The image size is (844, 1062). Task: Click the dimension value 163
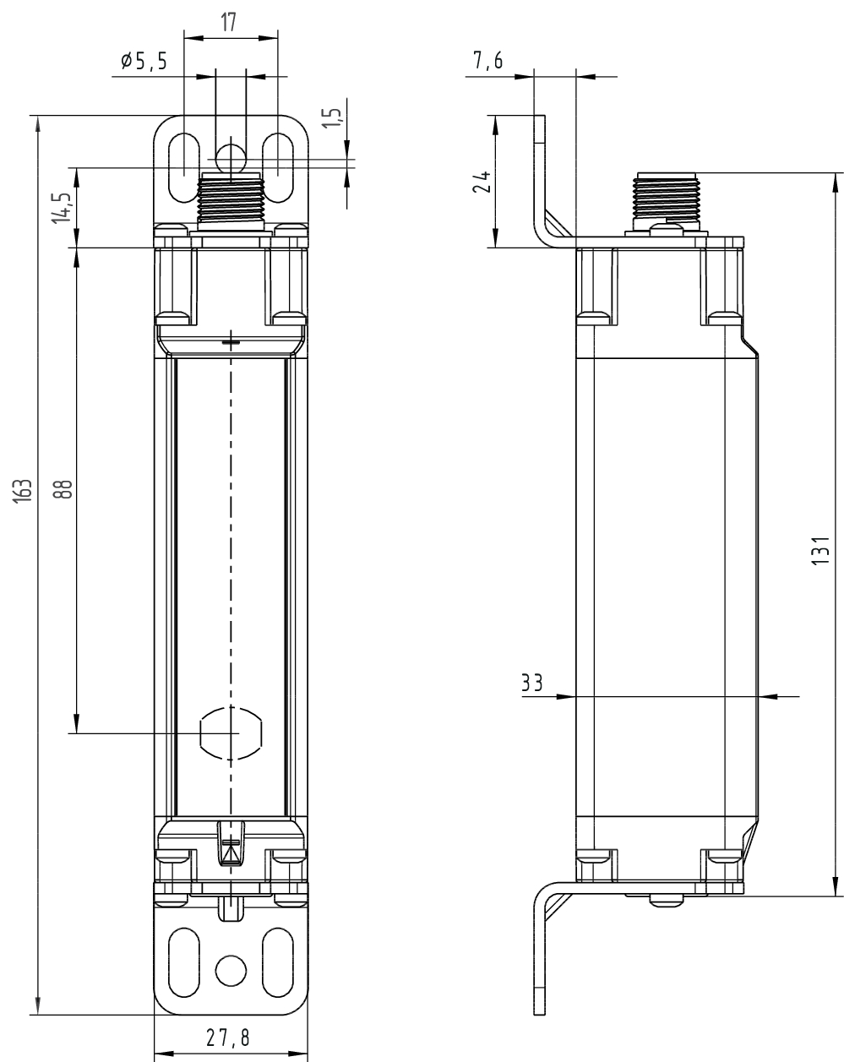tap(25, 490)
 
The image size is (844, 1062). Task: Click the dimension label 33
tap(531, 683)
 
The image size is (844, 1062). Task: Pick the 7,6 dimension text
tap(488, 60)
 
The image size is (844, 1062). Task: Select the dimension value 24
tap(482, 182)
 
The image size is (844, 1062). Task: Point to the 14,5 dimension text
tap(61, 208)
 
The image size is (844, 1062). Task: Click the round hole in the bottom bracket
tap(231, 968)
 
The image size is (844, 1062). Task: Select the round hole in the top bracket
tap(230, 158)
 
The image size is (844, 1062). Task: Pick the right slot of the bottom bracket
tap(278, 964)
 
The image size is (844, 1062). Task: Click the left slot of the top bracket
tap(182, 166)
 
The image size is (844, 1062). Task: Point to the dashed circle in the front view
tap(231, 733)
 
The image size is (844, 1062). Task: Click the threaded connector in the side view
tap(667, 199)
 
